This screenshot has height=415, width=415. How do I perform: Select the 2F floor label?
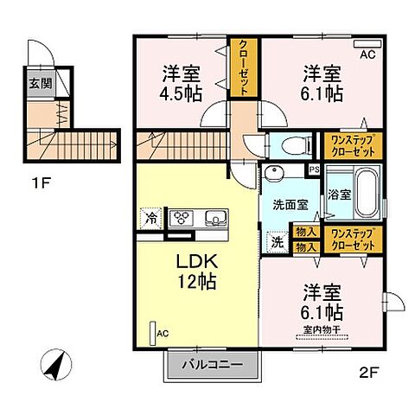pyautogui.click(x=368, y=373)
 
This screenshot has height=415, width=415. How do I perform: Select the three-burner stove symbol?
pyautogui.click(x=182, y=218)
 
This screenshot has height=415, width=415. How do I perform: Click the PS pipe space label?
pyautogui.click(x=314, y=170)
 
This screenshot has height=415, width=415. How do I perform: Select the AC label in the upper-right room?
pyautogui.click(x=367, y=54)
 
